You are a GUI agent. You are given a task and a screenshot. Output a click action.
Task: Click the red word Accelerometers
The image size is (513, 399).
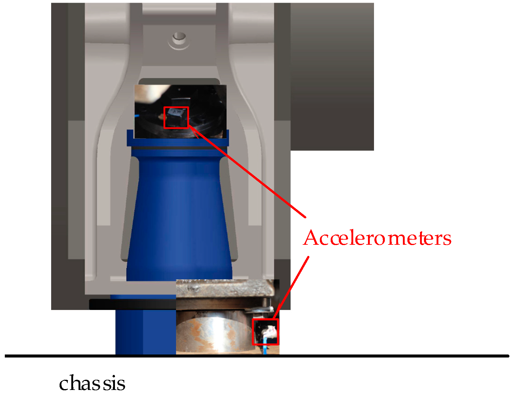377,238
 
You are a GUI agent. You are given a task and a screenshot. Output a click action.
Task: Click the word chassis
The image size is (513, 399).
92,383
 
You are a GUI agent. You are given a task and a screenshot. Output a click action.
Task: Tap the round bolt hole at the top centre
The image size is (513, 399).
179,38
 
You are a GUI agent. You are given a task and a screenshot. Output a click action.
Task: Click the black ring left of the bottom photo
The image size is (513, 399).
132,304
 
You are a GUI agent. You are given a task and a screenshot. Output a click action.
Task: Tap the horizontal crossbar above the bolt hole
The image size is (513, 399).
179,18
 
